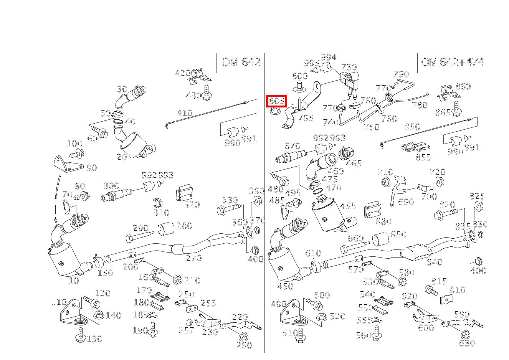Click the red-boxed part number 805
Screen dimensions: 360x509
[x=276, y=101]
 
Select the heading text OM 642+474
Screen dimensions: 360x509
[x=452, y=63]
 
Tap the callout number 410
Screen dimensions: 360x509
[x=184, y=113]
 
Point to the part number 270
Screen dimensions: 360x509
[x=194, y=258]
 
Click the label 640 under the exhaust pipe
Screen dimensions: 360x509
[x=434, y=262]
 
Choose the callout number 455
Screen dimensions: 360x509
[x=348, y=206]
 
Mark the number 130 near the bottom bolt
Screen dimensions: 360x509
[x=94, y=339]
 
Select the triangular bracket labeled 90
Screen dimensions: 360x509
[x=68, y=164]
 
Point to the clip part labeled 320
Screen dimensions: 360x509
[x=183, y=194]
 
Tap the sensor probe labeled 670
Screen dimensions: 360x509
[x=292, y=156]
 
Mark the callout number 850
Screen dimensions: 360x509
[x=412, y=127]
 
